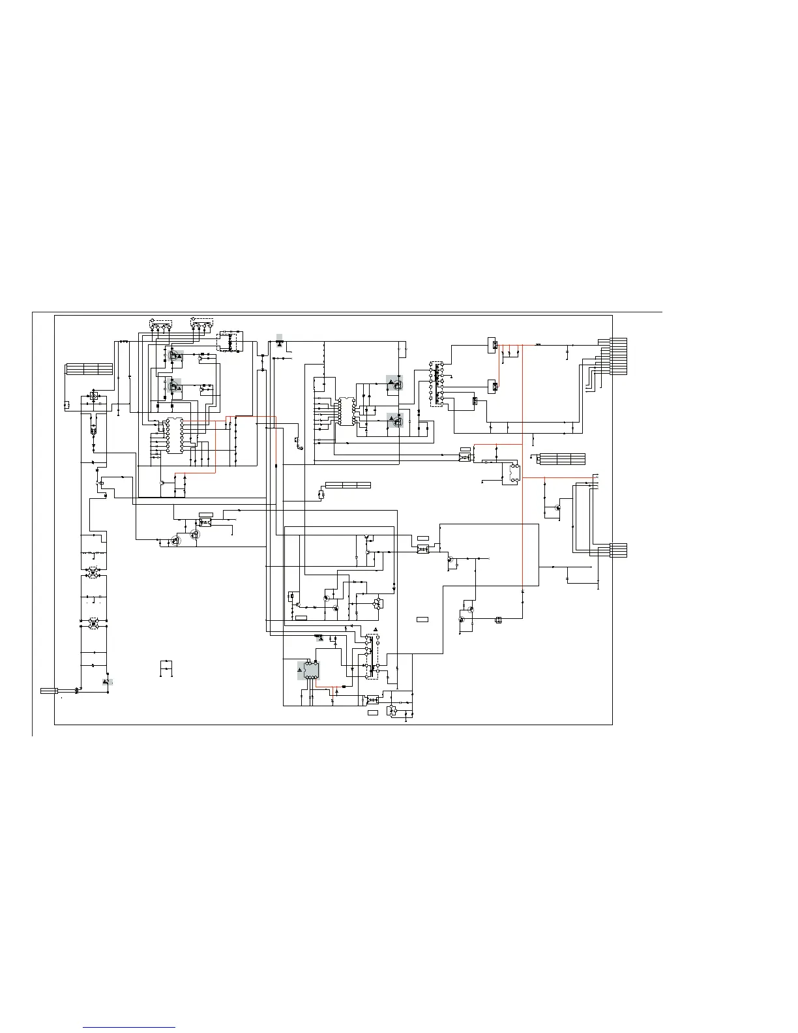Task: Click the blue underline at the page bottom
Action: (x=129, y=1027)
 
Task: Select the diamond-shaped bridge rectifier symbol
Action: (x=93, y=397)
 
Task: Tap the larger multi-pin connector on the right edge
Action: (x=618, y=357)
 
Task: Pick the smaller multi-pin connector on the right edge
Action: (x=618, y=550)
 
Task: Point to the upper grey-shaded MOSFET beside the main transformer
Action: (x=394, y=383)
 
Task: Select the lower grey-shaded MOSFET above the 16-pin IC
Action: (x=175, y=386)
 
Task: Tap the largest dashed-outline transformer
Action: (x=436, y=384)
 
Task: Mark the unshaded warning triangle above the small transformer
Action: (x=376, y=629)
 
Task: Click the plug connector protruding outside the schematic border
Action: (x=49, y=690)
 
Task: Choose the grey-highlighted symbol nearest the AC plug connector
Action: (x=106, y=681)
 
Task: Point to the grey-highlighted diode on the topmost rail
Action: (x=280, y=340)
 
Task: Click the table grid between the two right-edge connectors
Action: (x=561, y=458)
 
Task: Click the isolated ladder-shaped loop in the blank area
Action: (x=166, y=669)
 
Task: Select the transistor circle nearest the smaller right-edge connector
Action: (x=558, y=507)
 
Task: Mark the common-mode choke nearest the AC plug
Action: (x=93, y=623)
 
